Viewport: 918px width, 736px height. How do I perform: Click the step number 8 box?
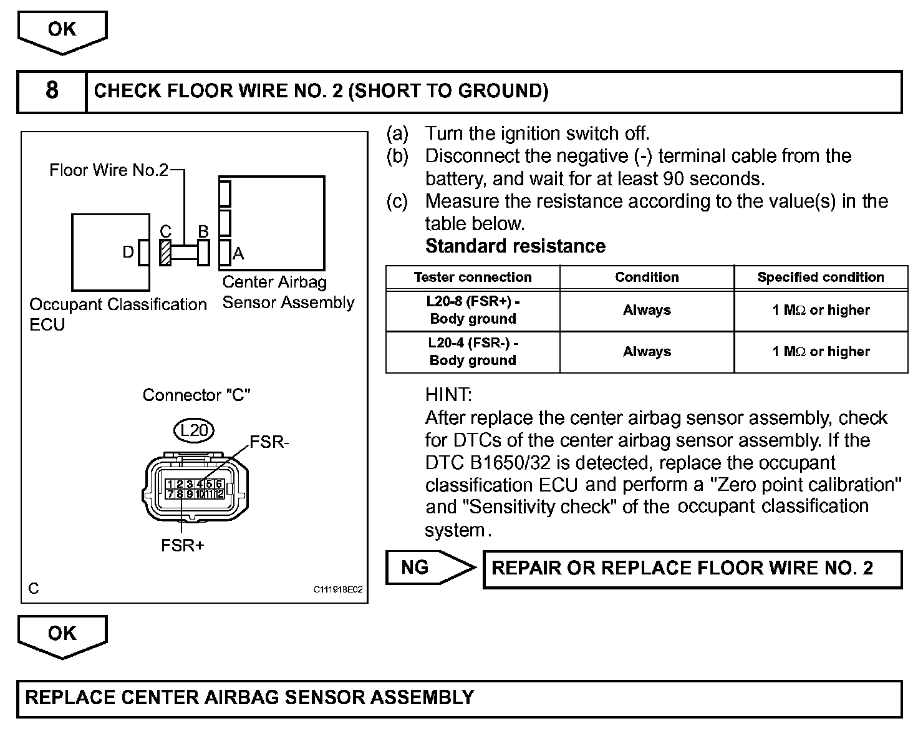[x=52, y=92]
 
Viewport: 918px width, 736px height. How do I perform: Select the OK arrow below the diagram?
[x=62, y=635]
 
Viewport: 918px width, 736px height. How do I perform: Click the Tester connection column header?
[x=473, y=278]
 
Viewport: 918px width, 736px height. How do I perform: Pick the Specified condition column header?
[x=820, y=278]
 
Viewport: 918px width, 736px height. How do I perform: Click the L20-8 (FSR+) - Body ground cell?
[x=473, y=310]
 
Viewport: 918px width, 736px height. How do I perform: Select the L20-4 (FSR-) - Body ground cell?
[x=473, y=351]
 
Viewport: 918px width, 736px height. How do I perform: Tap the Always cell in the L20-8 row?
[x=647, y=310]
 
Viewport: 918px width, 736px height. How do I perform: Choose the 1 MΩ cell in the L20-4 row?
[x=820, y=351]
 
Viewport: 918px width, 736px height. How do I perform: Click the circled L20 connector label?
[x=194, y=430]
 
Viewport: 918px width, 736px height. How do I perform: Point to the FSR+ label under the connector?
[x=183, y=545]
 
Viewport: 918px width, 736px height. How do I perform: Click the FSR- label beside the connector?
[x=269, y=442]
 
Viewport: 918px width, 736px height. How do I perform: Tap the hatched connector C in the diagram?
[x=165, y=253]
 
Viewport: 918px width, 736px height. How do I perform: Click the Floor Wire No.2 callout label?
[x=109, y=170]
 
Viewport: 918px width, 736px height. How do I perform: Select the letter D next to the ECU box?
[x=128, y=253]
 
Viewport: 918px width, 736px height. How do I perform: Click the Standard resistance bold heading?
[x=515, y=246]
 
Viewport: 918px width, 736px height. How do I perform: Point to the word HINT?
[x=448, y=394]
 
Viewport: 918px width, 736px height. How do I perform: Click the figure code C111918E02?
[x=338, y=589]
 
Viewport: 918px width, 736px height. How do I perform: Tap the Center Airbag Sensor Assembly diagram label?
[x=288, y=292]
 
